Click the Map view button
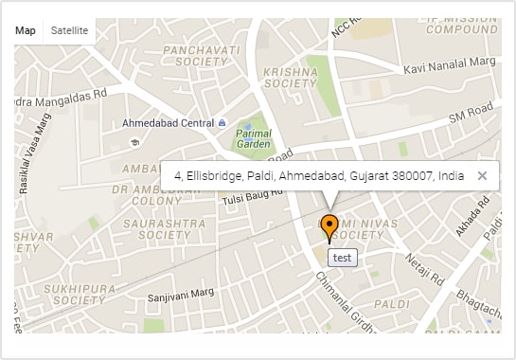pyautogui.click(x=26, y=30)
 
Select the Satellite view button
pyautogui.click(x=69, y=30)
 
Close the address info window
pyautogui.click(x=482, y=175)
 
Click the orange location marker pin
pyautogui.click(x=329, y=227)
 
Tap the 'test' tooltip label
pyautogui.click(x=342, y=257)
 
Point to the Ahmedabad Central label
pyautogui.click(x=169, y=123)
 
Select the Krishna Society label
pyautogui.click(x=290, y=77)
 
